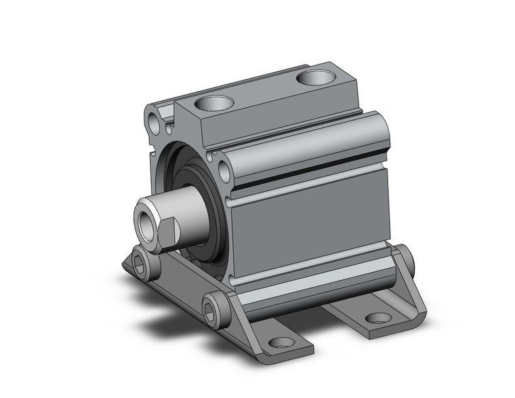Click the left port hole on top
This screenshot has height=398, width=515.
[x=214, y=104]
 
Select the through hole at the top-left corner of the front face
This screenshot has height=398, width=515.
[x=157, y=125]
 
